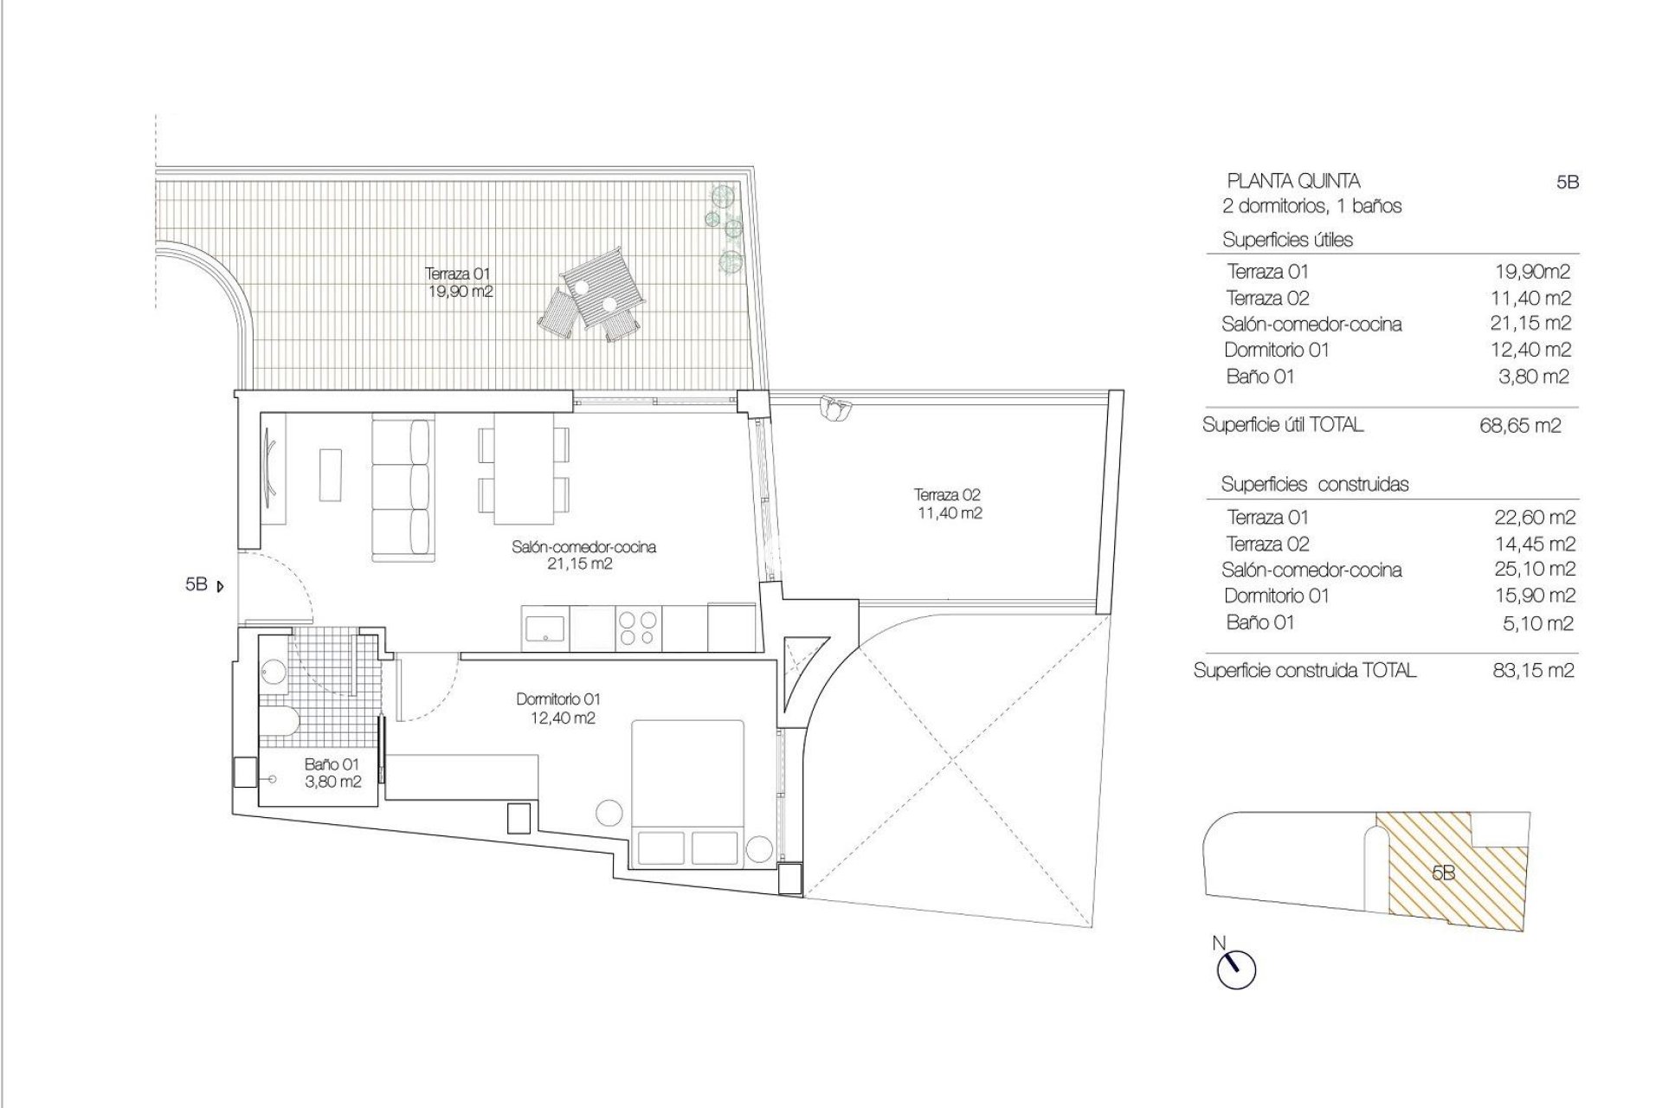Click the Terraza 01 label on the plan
point(459,282)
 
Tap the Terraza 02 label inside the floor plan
point(948,504)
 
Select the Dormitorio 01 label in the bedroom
point(558,708)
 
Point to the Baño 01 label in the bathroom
point(332,773)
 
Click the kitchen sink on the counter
point(545,628)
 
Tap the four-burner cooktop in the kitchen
point(639,628)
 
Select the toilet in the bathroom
point(280,721)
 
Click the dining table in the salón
point(524,468)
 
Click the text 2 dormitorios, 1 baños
point(1311,206)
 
